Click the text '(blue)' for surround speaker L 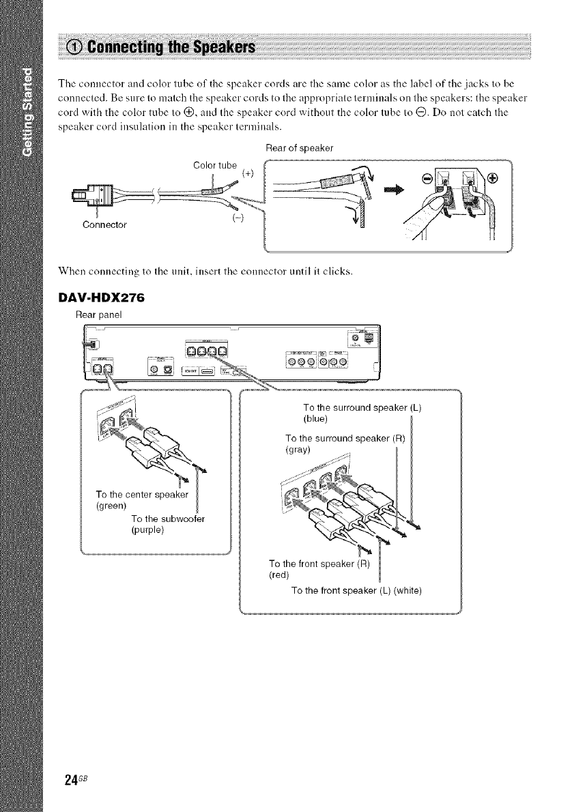(316, 418)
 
